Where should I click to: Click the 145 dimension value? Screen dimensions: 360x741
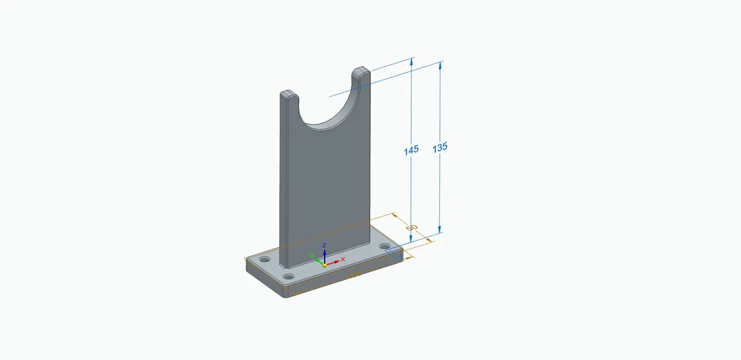pyautogui.click(x=411, y=150)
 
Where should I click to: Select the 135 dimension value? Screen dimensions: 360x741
pyautogui.click(x=440, y=147)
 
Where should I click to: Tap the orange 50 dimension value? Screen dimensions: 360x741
pyautogui.click(x=411, y=228)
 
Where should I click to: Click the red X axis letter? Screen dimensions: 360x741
pyautogui.click(x=343, y=259)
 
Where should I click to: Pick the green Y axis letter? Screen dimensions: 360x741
pyautogui.click(x=311, y=256)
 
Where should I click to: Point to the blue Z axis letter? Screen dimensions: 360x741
pyautogui.click(x=325, y=245)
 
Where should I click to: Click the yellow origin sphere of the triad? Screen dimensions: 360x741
pyautogui.click(x=324, y=265)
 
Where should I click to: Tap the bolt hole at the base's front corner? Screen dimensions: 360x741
pyautogui.click(x=289, y=277)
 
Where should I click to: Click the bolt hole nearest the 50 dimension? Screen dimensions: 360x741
pyautogui.click(x=385, y=247)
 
